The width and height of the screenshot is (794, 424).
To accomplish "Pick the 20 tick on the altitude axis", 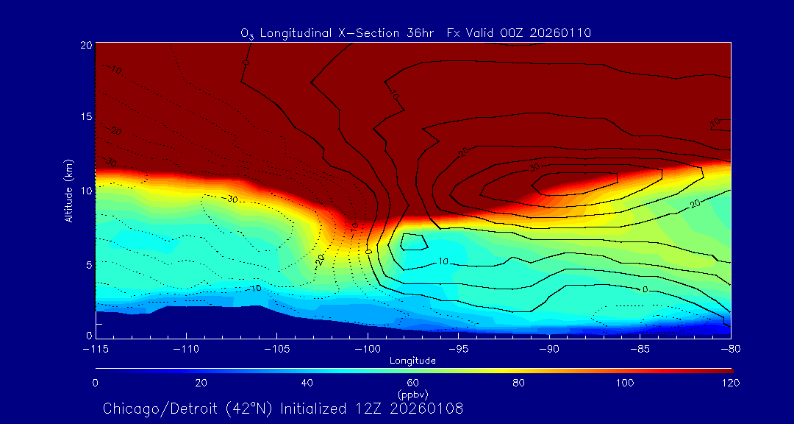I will (x=86, y=44).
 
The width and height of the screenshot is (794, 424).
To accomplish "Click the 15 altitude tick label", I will (x=86, y=117).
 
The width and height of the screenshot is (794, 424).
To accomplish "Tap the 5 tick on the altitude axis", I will (x=88, y=264).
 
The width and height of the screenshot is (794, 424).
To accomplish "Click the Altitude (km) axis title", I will (x=68, y=190).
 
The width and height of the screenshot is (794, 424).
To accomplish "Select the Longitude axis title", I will (x=413, y=361).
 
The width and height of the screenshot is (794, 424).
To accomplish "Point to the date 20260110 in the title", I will (x=560, y=32).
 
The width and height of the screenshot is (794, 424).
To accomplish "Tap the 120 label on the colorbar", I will (x=729, y=383).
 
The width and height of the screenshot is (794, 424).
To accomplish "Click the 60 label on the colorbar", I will (x=413, y=383).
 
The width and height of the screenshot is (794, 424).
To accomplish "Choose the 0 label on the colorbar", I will (x=96, y=383).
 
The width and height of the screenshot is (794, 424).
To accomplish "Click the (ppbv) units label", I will (x=413, y=393).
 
